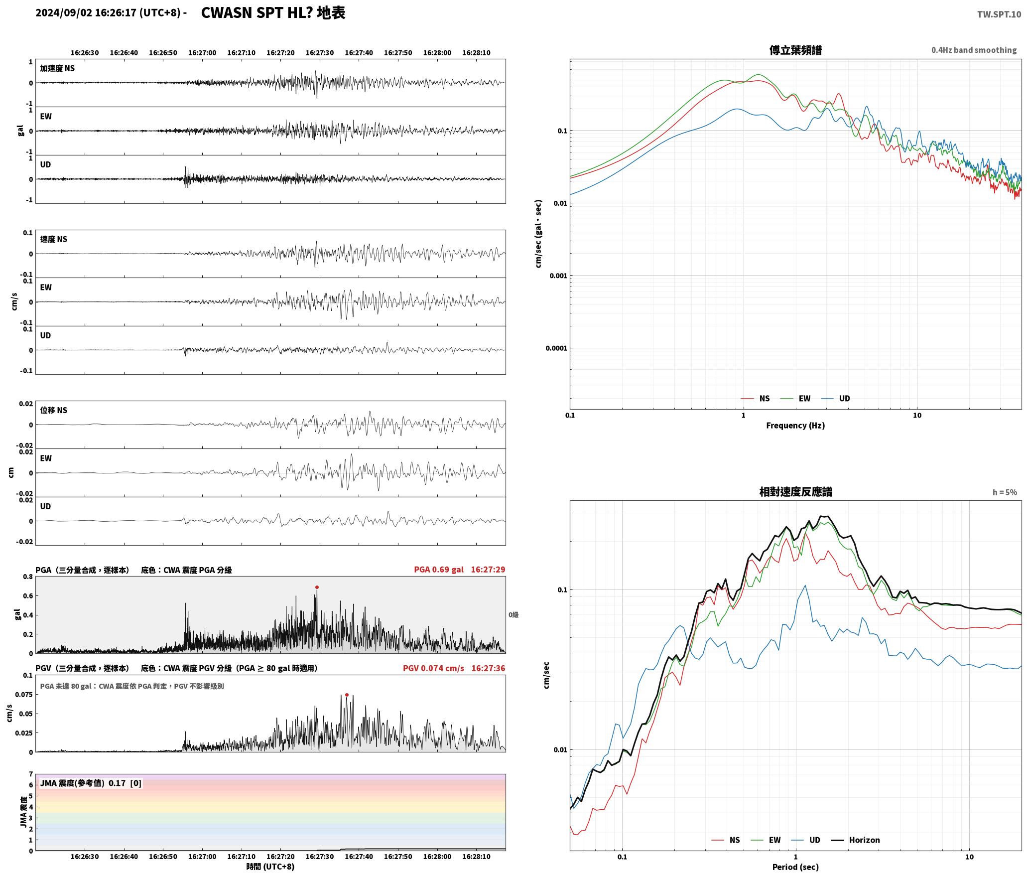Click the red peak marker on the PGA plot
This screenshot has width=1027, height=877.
click(317, 587)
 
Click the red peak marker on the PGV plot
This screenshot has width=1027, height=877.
click(347, 695)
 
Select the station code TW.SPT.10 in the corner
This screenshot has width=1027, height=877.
click(999, 14)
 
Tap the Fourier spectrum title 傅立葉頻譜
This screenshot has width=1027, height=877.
click(795, 50)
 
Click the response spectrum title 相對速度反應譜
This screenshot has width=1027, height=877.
click(795, 492)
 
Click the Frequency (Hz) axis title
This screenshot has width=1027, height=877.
click(795, 426)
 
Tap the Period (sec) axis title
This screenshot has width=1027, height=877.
click(795, 867)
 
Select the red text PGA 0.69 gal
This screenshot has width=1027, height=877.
click(439, 570)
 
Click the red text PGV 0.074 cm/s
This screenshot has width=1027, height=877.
click(433, 668)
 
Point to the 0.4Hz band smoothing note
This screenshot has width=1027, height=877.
click(974, 50)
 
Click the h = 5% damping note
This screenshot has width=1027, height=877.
click(1005, 492)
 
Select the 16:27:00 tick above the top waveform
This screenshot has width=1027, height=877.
click(202, 53)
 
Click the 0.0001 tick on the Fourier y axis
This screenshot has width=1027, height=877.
click(556, 348)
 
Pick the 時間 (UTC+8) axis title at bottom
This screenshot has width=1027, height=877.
click(270, 867)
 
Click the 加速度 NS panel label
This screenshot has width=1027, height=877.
click(57, 68)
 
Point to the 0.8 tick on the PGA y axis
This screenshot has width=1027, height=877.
click(28, 577)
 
